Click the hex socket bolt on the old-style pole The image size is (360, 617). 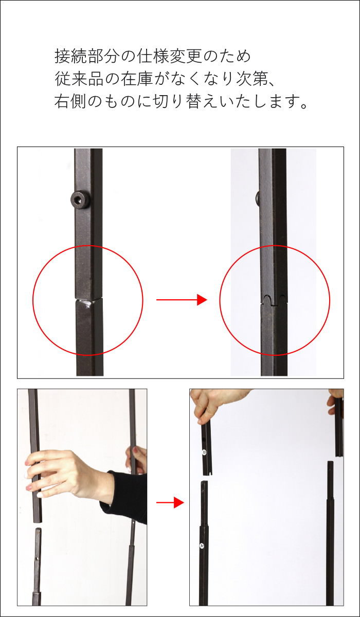pyautogui.click(x=80, y=199)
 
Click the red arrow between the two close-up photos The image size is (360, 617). pyautogui.click(x=182, y=299)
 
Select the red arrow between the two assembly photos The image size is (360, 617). pyautogui.click(x=170, y=503)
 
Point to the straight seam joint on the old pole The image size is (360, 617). pyautogui.click(x=88, y=299)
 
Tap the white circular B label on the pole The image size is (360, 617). pyautogui.click(x=204, y=452)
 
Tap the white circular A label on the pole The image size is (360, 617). pyautogui.click(x=202, y=546)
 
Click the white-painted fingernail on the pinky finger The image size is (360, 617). pyautogui.click(x=40, y=495)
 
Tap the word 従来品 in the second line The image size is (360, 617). pyautogui.click(x=79, y=79)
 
